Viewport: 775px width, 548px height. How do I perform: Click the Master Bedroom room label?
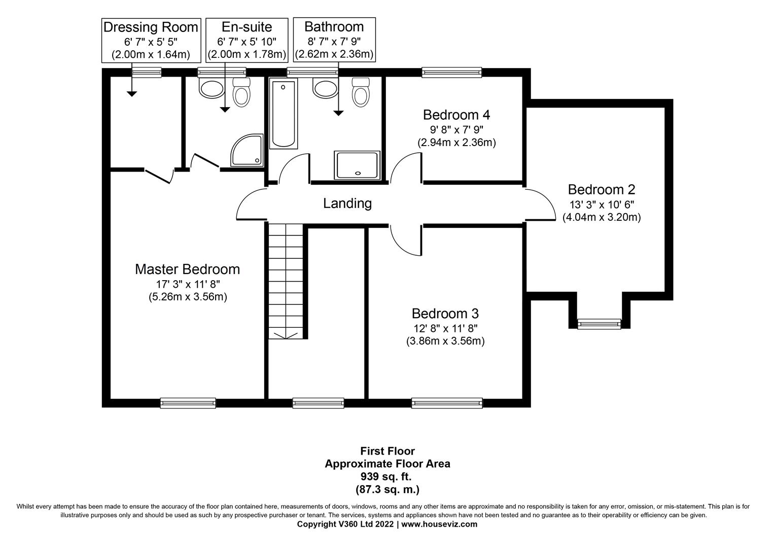click(187, 269)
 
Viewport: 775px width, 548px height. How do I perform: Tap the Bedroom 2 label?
click(601, 190)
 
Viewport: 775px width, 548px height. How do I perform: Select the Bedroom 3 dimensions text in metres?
click(445, 341)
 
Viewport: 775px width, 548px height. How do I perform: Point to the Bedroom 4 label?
click(456, 115)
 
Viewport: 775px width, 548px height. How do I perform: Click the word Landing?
click(347, 203)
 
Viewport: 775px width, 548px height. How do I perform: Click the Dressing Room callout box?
click(151, 40)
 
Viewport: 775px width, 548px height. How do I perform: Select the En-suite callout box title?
click(246, 27)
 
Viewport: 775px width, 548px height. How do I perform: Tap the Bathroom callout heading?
click(334, 26)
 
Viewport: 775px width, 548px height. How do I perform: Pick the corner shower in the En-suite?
click(248, 150)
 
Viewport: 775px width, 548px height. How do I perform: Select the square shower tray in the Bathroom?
click(357, 165)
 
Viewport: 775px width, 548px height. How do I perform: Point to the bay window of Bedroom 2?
click(599, 324)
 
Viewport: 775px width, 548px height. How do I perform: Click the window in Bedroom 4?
click(451, 73)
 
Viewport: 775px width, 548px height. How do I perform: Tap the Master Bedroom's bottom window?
click(188, 403)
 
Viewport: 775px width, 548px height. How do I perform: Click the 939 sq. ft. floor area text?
click(387, 476)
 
